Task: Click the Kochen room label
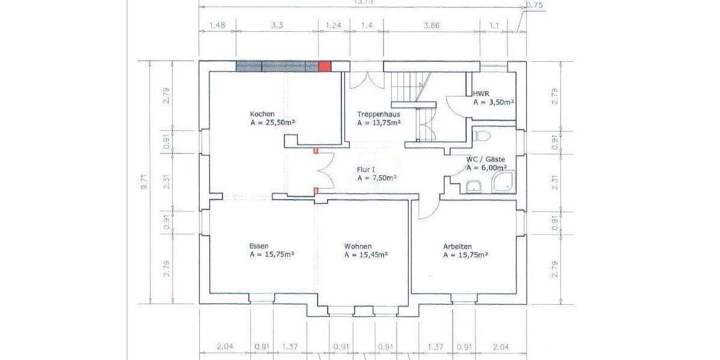262,114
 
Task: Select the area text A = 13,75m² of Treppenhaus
379,123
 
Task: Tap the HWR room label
481,94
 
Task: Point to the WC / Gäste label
486,160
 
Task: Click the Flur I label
367,170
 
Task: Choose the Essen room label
259,246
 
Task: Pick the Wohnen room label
358,246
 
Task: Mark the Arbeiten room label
457,246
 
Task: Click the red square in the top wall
324,67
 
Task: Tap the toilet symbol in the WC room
478,136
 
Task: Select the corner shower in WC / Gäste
504,182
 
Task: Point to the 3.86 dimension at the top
431,25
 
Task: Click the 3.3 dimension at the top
278,25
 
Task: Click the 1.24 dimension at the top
333,25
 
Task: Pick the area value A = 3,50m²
493,103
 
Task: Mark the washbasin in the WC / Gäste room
473,187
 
